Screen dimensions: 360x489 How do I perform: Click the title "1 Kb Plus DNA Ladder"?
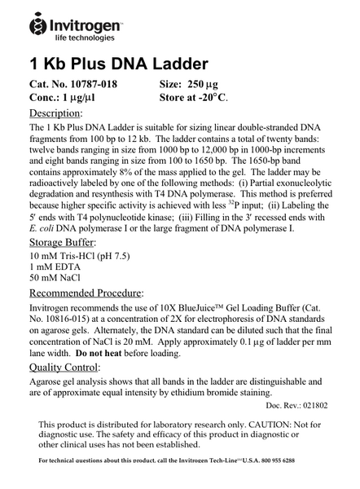click(x=119, y=64)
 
